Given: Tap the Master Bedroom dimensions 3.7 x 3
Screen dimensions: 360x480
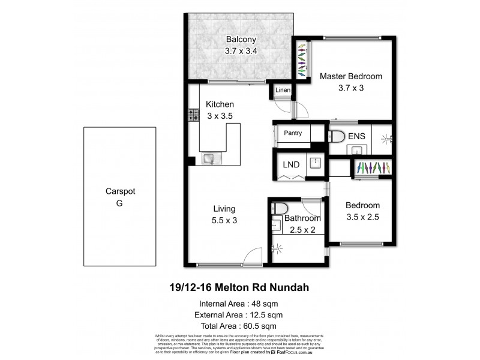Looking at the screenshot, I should (351, 88).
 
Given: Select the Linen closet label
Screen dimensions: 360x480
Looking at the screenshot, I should (283, 91).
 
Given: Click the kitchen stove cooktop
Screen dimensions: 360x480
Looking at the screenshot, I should (194, 115).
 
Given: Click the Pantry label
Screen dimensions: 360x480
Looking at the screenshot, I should (292, 133).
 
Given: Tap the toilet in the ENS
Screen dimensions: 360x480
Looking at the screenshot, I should (337, 136).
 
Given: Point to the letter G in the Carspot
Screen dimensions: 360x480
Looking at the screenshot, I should (120, 203).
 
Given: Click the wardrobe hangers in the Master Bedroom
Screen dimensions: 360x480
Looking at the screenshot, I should (301, 60).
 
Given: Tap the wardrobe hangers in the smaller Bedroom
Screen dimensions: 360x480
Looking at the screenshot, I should (374, 167).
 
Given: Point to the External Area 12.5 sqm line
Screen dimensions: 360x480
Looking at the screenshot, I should (240, 314).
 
